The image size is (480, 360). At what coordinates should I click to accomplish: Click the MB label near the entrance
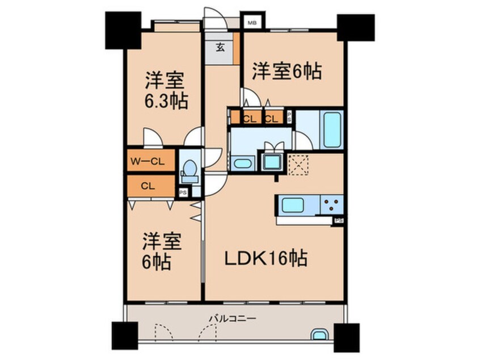(250, 23)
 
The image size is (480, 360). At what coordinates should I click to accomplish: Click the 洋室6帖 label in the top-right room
(287, 71)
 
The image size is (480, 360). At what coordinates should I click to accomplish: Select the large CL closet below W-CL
(149, 185)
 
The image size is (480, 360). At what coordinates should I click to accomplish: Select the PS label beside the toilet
(183, 192)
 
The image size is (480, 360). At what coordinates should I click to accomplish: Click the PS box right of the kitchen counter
(339, 220)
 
